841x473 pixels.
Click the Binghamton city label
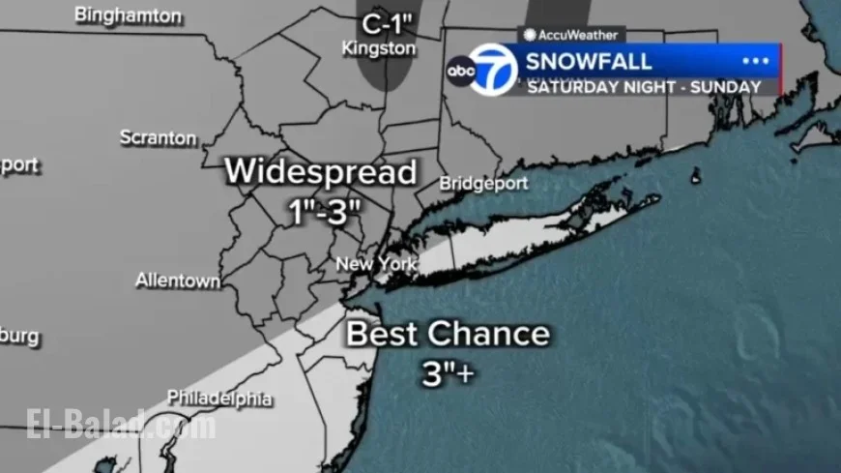click(128, 15)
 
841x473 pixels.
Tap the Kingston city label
click(379, 47)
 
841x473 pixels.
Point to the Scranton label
click(159, 138)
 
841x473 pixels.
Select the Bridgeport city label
click(483, 183)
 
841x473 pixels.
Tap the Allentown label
click(178, 281)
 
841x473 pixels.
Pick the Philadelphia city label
click(219, 398)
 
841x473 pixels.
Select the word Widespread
click(321, 172)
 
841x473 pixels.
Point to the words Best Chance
click(448, 335)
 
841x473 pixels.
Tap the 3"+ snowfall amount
click(448, 373)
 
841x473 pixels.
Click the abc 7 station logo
click(482, 70)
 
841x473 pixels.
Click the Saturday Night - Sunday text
click(643, 86)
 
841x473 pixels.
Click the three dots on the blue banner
click(754, 61)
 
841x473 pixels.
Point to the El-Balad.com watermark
click(121, 424)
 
